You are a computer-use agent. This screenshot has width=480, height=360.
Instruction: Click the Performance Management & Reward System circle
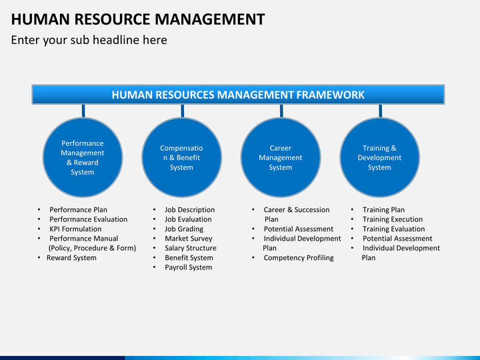[x=83, y=157]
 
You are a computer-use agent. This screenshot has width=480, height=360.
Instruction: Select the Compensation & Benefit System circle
[x=181, y=157]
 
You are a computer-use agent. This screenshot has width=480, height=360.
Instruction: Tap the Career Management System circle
[x=281, y=157]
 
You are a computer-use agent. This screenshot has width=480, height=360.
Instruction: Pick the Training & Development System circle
[x=379, y=157]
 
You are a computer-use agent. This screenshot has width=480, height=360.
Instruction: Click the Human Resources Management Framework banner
[x=238, y=95]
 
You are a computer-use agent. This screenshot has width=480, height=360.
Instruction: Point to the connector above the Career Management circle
[x=281, y=111]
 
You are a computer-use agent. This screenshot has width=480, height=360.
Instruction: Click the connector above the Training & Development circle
[x=380, y=111]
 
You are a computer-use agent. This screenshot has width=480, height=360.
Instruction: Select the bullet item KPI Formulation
[x=75, y=229]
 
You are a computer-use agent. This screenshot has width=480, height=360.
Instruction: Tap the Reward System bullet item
[x=71, y=258]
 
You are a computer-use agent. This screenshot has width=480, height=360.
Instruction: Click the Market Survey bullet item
[x=189, y=239]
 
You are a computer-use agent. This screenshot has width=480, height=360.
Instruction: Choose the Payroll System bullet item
[x=188, y=267]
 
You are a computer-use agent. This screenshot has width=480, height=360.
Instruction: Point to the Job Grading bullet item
[x=184, y=229]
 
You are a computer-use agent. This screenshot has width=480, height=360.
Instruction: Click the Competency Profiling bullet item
[x=299, y=258]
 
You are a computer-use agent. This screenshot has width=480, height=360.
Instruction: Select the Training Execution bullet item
[x=393, y=219]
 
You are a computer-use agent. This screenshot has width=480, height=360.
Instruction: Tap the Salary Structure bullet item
[x=191, y=248]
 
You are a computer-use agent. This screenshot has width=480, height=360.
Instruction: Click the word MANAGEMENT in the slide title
[x=210, y=19]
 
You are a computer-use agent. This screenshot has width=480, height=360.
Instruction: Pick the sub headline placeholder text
[x=89, y=40]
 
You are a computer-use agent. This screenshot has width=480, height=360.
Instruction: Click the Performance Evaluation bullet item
[x=89, y=219]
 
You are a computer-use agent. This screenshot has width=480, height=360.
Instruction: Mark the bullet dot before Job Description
[x=155, y=210]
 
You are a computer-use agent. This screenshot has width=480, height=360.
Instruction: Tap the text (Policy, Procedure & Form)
[x=92, y=248]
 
